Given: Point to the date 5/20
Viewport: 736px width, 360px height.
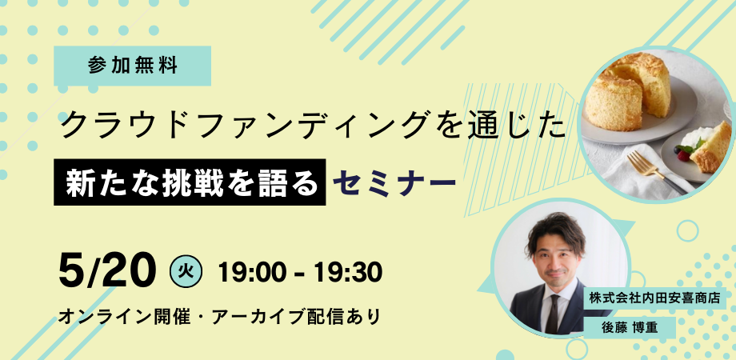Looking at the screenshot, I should pos(106,270).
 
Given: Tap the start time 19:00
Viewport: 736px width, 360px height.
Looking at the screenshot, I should pos(250,271).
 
